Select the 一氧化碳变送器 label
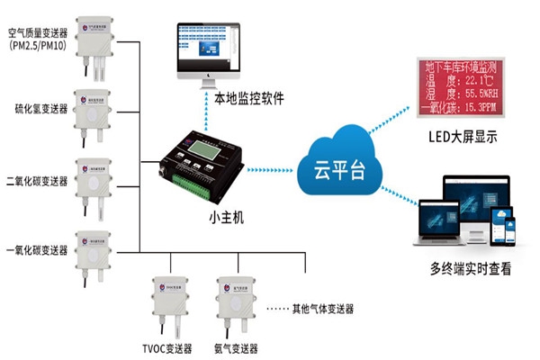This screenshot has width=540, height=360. (x=36, y=250)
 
